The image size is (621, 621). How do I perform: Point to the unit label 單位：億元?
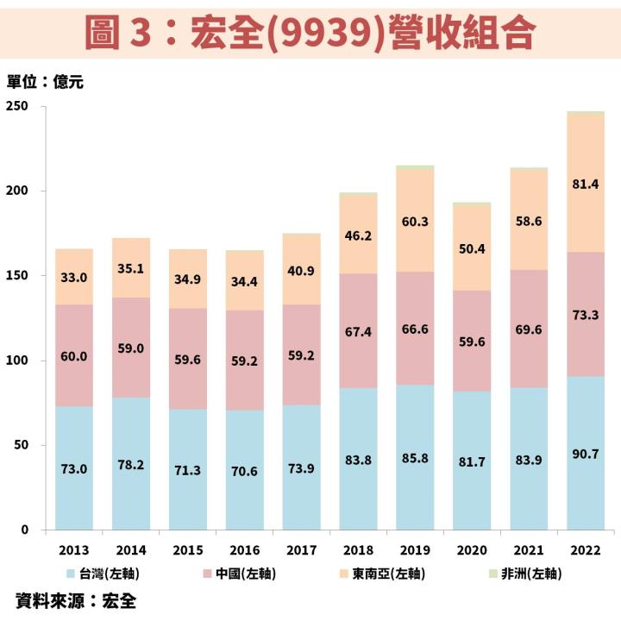45,83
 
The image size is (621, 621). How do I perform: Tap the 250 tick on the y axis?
18,106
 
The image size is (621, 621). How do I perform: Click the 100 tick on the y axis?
18,361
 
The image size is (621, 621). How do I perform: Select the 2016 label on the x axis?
244,549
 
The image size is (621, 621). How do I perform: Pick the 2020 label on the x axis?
472,549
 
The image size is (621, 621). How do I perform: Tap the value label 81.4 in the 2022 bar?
586,183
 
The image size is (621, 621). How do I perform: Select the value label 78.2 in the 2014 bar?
130,464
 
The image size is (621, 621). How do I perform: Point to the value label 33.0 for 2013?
73,279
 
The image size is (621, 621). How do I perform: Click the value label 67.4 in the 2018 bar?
358,332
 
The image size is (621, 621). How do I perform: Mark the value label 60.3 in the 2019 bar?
415,222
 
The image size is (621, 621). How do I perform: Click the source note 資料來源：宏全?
76,600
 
